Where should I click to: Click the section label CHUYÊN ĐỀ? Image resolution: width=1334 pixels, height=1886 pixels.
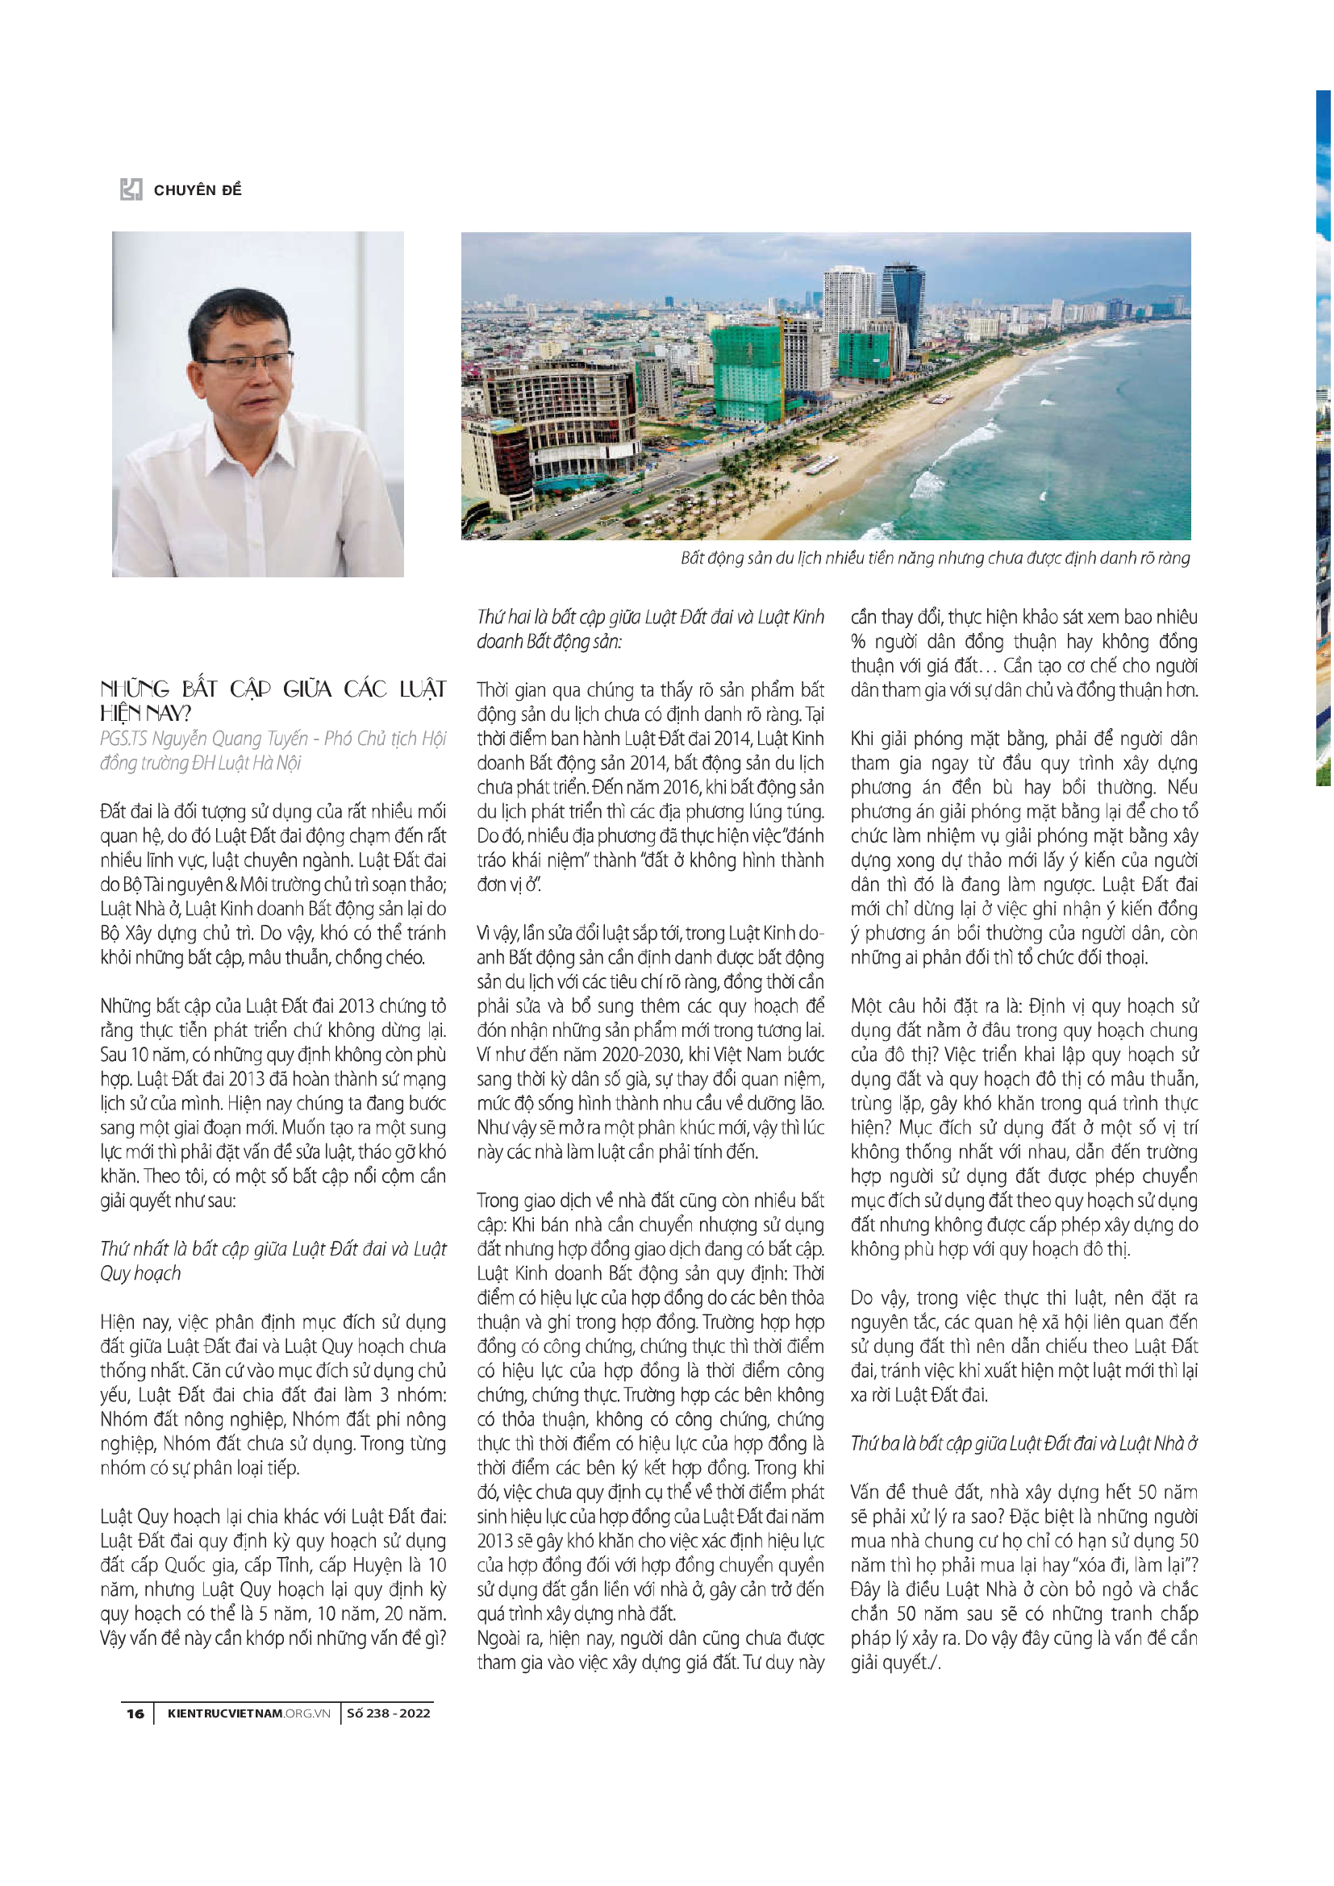[x=197, y=190]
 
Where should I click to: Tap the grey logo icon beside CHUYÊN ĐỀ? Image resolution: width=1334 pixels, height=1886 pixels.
[x=131, y=189]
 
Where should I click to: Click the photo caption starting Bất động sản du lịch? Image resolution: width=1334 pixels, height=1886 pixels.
[x=934, y=559]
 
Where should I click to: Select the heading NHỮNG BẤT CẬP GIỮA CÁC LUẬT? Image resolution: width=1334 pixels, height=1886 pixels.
[x=273, y=689]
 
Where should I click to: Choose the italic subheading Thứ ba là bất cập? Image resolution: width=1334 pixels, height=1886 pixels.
[x=1023, y=1443]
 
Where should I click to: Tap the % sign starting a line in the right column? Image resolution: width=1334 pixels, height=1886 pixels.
[x=858, y=642]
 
